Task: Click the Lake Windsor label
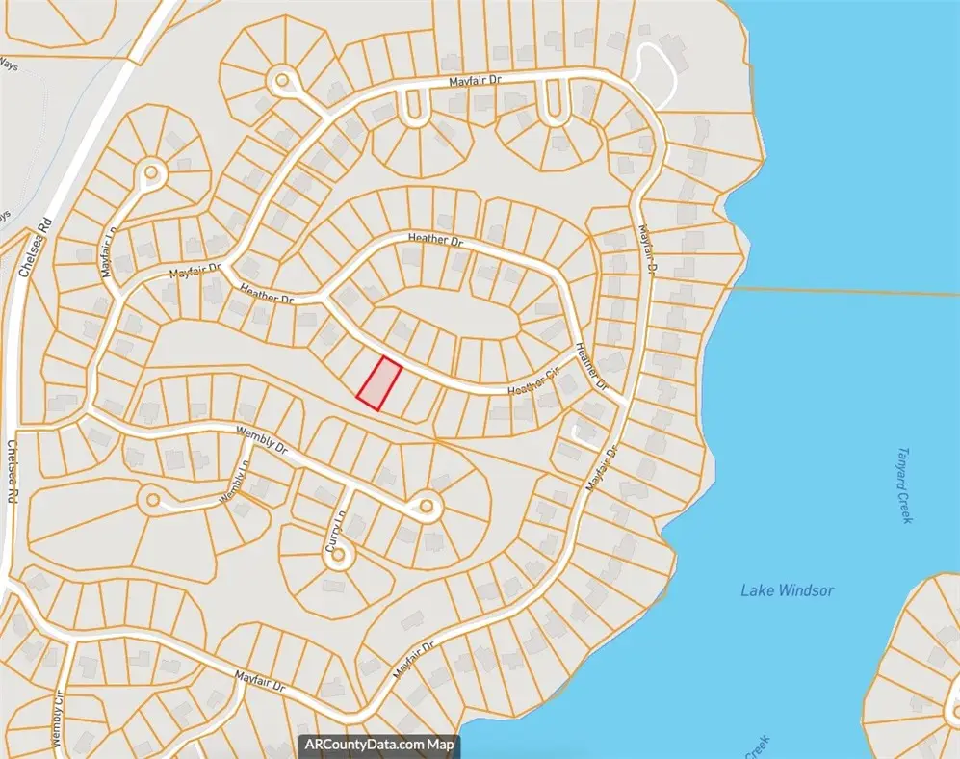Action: (x=787, y=590)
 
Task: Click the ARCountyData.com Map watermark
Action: (x=379, y=745)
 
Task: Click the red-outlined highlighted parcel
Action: (x=379, y=383)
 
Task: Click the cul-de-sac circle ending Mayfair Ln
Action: (x=151, y=174)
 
